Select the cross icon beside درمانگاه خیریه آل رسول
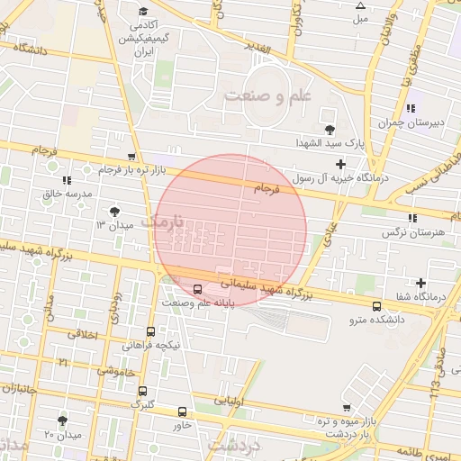(x=339, y=164)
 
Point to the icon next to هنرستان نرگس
(x=411, y=218)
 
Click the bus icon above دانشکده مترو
(x=376, y=306)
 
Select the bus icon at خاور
(x=183, y=411)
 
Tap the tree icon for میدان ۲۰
(x=62, y=420)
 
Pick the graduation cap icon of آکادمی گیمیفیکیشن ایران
(x=143, y=11)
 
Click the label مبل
(x=360, y=18)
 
